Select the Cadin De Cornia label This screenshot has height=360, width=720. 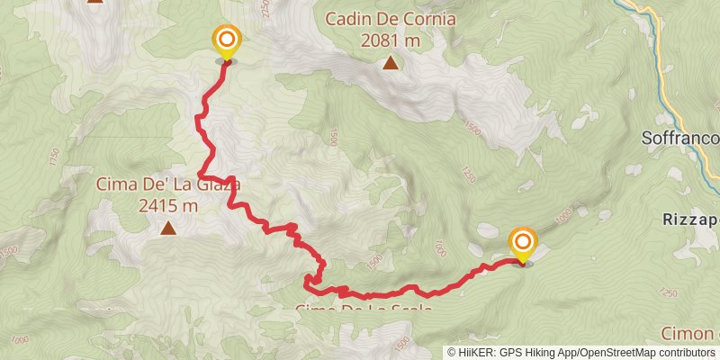point(391,19)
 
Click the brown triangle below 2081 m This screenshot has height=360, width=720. point(391,62)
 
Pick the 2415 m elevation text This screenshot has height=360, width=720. point(168,206)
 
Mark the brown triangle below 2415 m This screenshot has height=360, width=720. point(168,229)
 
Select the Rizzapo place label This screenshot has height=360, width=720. point(688,219)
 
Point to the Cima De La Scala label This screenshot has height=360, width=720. point(364,310)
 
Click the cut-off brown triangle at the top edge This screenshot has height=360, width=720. point(95,2)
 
